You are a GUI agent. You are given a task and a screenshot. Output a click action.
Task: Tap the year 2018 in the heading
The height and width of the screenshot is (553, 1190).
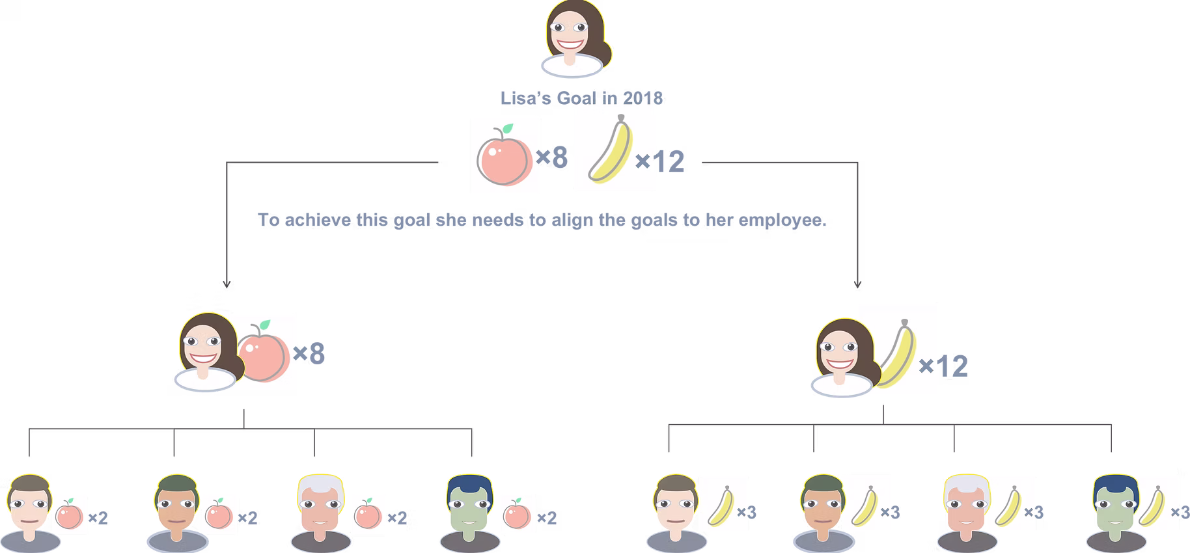(643, 98)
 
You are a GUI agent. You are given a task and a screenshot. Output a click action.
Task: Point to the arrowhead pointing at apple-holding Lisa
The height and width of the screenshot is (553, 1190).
(226, 284)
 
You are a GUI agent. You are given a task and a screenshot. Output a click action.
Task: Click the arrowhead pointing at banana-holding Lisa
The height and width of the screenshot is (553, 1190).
(857, 284)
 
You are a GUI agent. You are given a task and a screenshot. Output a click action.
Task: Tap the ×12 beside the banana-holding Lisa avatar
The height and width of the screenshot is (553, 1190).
(944, 367)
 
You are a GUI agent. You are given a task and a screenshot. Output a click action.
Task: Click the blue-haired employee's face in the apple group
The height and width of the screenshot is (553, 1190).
(469, 509)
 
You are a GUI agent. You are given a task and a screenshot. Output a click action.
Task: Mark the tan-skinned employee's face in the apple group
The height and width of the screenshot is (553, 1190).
(176, 509)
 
